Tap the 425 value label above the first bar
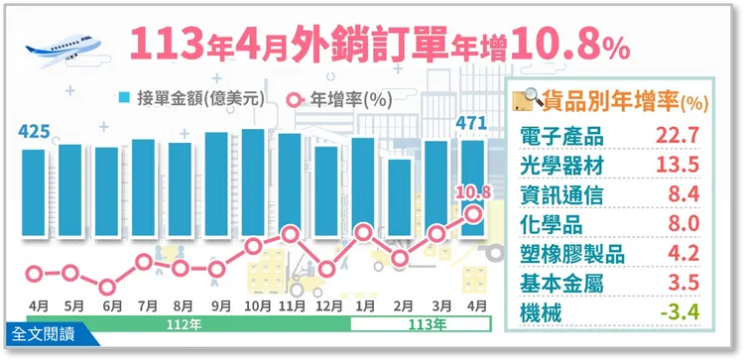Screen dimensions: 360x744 tap(33, 130)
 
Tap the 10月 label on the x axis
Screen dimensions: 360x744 tap(254, 306)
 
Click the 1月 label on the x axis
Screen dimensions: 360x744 tap(364, 306)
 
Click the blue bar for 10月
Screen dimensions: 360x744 tap(254, 183)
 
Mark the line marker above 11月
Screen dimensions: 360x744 tap(291, 235)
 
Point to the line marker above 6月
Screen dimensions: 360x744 tap(107, 287)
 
